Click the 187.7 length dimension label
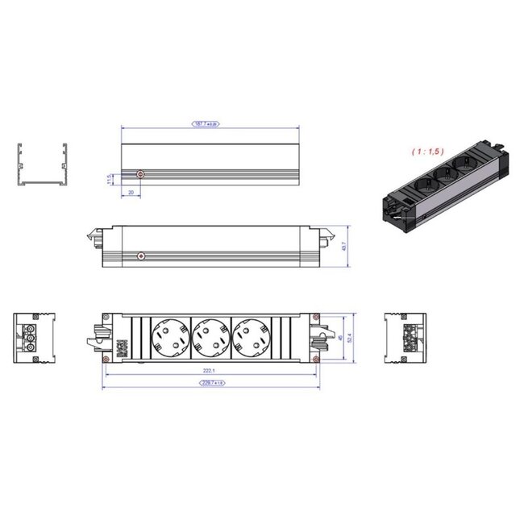point(206,124)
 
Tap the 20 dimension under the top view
point(131,192)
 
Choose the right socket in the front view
point(250,337)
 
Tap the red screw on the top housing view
point(142,174)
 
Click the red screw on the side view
point(142,256)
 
